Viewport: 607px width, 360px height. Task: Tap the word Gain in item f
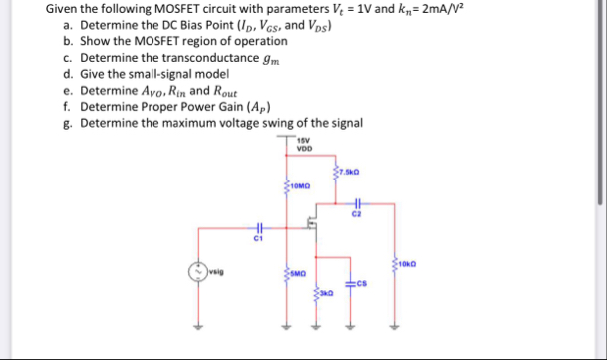click(x=212, y=106)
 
